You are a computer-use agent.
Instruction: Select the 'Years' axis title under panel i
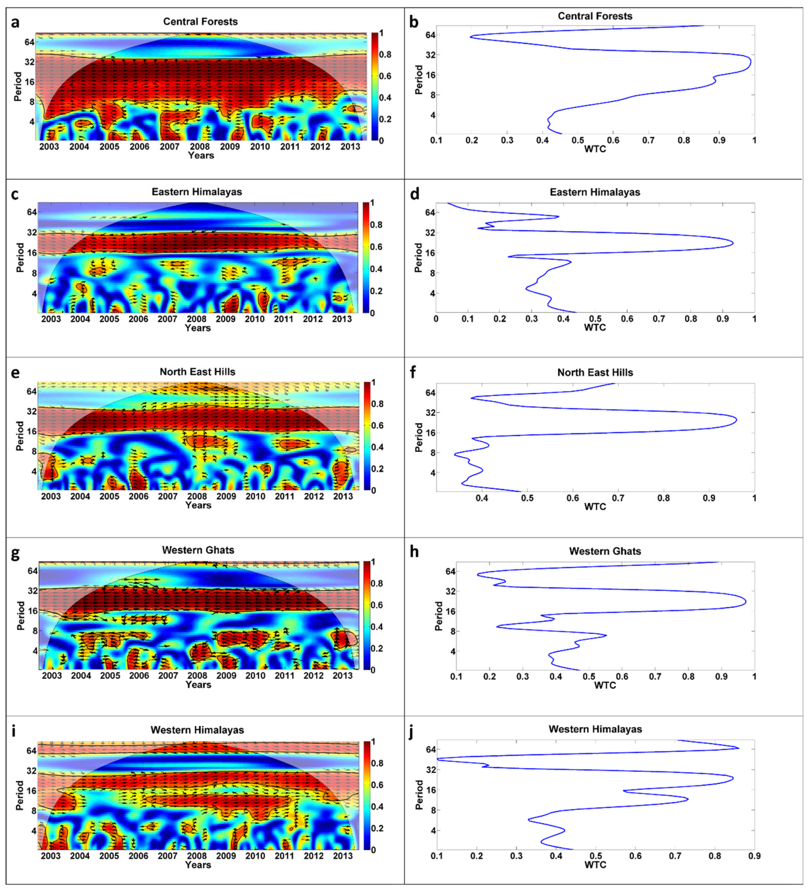198,865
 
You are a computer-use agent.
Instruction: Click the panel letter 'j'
412,731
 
